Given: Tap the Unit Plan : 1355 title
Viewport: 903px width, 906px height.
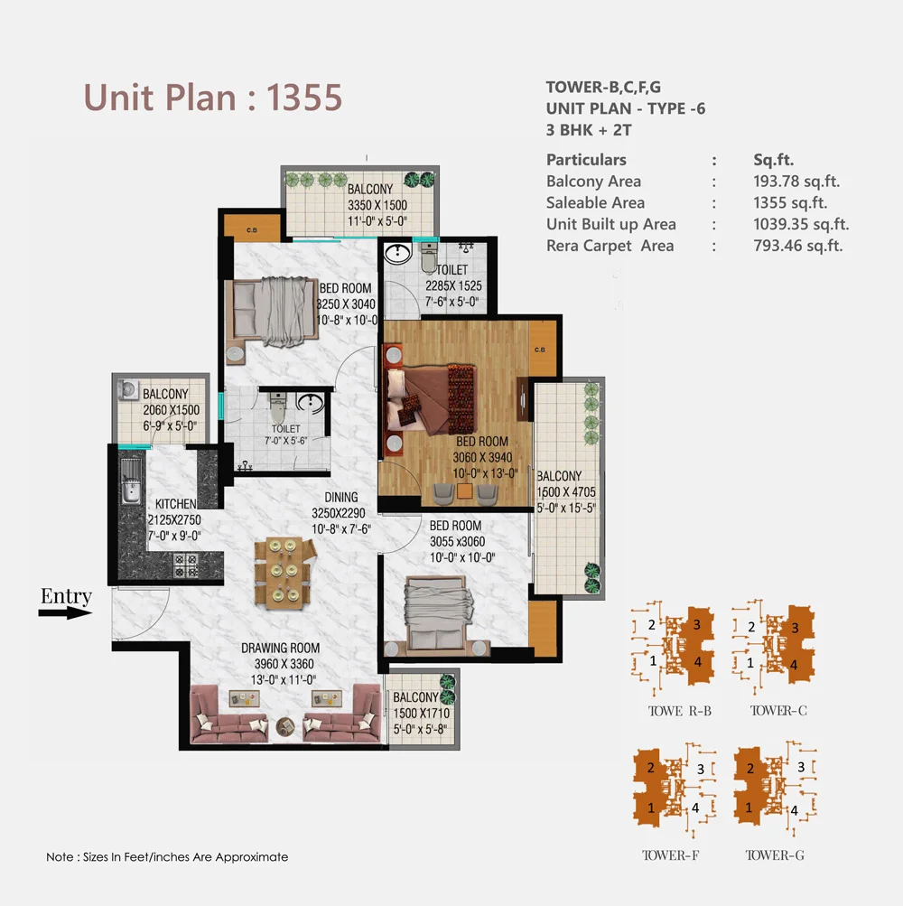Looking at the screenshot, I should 213,97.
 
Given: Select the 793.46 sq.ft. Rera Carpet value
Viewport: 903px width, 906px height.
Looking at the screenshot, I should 797,246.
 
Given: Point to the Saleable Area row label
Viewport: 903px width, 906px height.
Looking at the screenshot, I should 595,203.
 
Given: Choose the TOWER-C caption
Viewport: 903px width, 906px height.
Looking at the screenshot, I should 778,710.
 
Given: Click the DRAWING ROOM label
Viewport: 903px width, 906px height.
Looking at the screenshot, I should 280,648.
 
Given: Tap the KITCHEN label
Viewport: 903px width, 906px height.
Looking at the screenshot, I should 176,503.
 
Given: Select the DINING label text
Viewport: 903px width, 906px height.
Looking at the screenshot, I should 341,497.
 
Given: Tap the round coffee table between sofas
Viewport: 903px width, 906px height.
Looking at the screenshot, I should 285,726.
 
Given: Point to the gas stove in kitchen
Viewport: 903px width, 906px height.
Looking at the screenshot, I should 185,566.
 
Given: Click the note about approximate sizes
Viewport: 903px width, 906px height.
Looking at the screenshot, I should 167,856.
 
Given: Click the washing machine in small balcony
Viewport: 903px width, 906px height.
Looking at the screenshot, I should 129,390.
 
